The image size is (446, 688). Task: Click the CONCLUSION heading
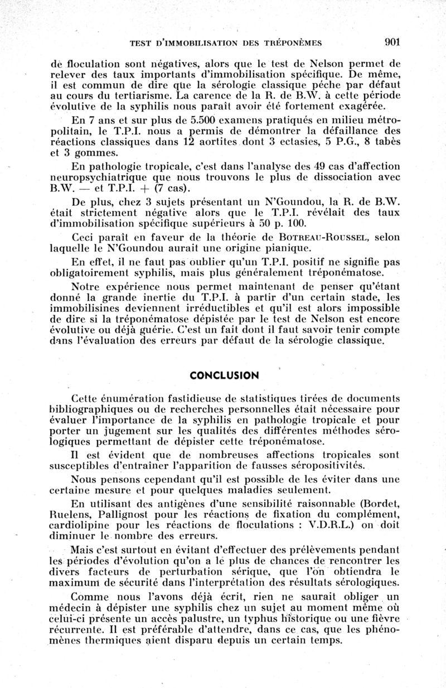click(x=224, y=376)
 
